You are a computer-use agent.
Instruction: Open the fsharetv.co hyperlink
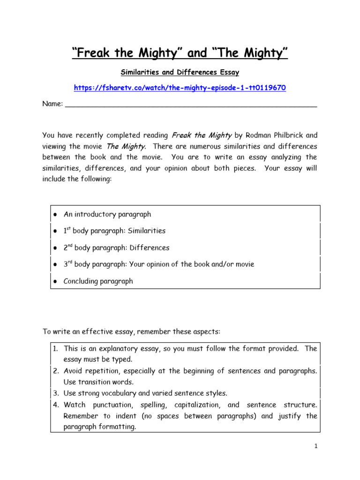[180, 88]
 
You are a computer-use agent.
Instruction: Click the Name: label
[52, 104]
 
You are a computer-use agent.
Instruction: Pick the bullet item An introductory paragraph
[107, 214]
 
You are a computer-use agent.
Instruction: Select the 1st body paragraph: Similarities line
[114, 231]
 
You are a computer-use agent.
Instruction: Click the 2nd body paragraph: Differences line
[116, 247]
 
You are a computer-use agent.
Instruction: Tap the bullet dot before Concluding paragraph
[55, 281]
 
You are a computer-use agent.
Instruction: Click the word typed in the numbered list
[123, 360]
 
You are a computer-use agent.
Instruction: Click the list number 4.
[55, 405]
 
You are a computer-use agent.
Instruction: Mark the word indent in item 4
[128, 416]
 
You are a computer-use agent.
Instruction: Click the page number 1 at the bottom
[316, 447]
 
